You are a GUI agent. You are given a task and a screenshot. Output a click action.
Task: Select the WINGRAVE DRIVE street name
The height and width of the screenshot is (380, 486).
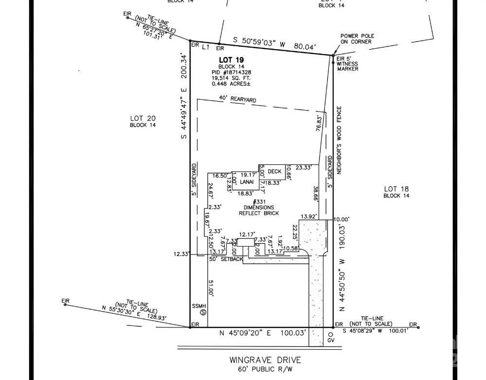pos(265,361)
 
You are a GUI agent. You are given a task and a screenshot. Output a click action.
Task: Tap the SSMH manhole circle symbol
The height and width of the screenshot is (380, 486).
pos(203,312)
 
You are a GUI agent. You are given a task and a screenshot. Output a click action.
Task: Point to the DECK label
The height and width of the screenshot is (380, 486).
pos(275,171)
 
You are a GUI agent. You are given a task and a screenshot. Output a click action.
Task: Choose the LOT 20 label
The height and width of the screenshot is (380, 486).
pos(143,118)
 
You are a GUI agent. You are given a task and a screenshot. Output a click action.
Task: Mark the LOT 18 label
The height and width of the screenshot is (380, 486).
pos(396,189)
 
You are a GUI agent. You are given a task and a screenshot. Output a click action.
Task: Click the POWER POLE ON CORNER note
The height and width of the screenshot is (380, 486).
pos(356,39)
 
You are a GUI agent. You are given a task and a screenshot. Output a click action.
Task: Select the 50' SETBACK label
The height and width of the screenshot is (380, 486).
pos(226,259)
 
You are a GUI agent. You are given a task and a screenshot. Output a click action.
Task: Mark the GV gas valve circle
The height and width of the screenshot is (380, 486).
pos(330,335)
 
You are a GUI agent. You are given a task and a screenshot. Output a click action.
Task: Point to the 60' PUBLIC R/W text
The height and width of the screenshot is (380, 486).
pos(265,369)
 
